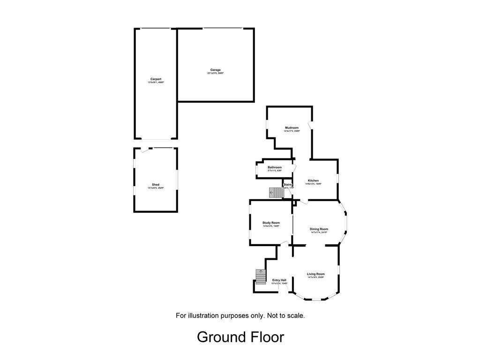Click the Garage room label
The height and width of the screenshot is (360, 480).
click(x=215, y=70)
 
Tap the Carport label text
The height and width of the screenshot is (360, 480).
click(x=156, y=79)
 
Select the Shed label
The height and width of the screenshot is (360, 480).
click(x=156, y=185)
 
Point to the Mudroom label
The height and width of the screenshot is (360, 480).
click(x=292, y=127)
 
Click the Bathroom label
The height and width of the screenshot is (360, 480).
click(x=275, y=167)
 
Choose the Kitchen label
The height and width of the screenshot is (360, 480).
click(x=313, y=180)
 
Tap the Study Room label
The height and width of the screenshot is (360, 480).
click(x=271, y=223)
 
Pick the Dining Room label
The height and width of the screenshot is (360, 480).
click(x=319, y=229)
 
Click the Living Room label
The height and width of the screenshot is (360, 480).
click(x=315, y=274)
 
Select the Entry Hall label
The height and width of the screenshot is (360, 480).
click(x=279, y=280)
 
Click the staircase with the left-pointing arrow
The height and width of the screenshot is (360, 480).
click(x=276, y=193)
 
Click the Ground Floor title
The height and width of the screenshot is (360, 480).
click(x=240, y=337)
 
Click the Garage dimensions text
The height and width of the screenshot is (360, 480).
click(x=215, y=74)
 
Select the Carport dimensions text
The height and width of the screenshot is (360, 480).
click(x=156, y=82)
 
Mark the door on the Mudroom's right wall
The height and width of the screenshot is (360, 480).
click(x=310, y=126)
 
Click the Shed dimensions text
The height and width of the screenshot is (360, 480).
click(x=156, y=188)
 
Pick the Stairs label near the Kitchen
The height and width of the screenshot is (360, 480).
click(x=288, y=185)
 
